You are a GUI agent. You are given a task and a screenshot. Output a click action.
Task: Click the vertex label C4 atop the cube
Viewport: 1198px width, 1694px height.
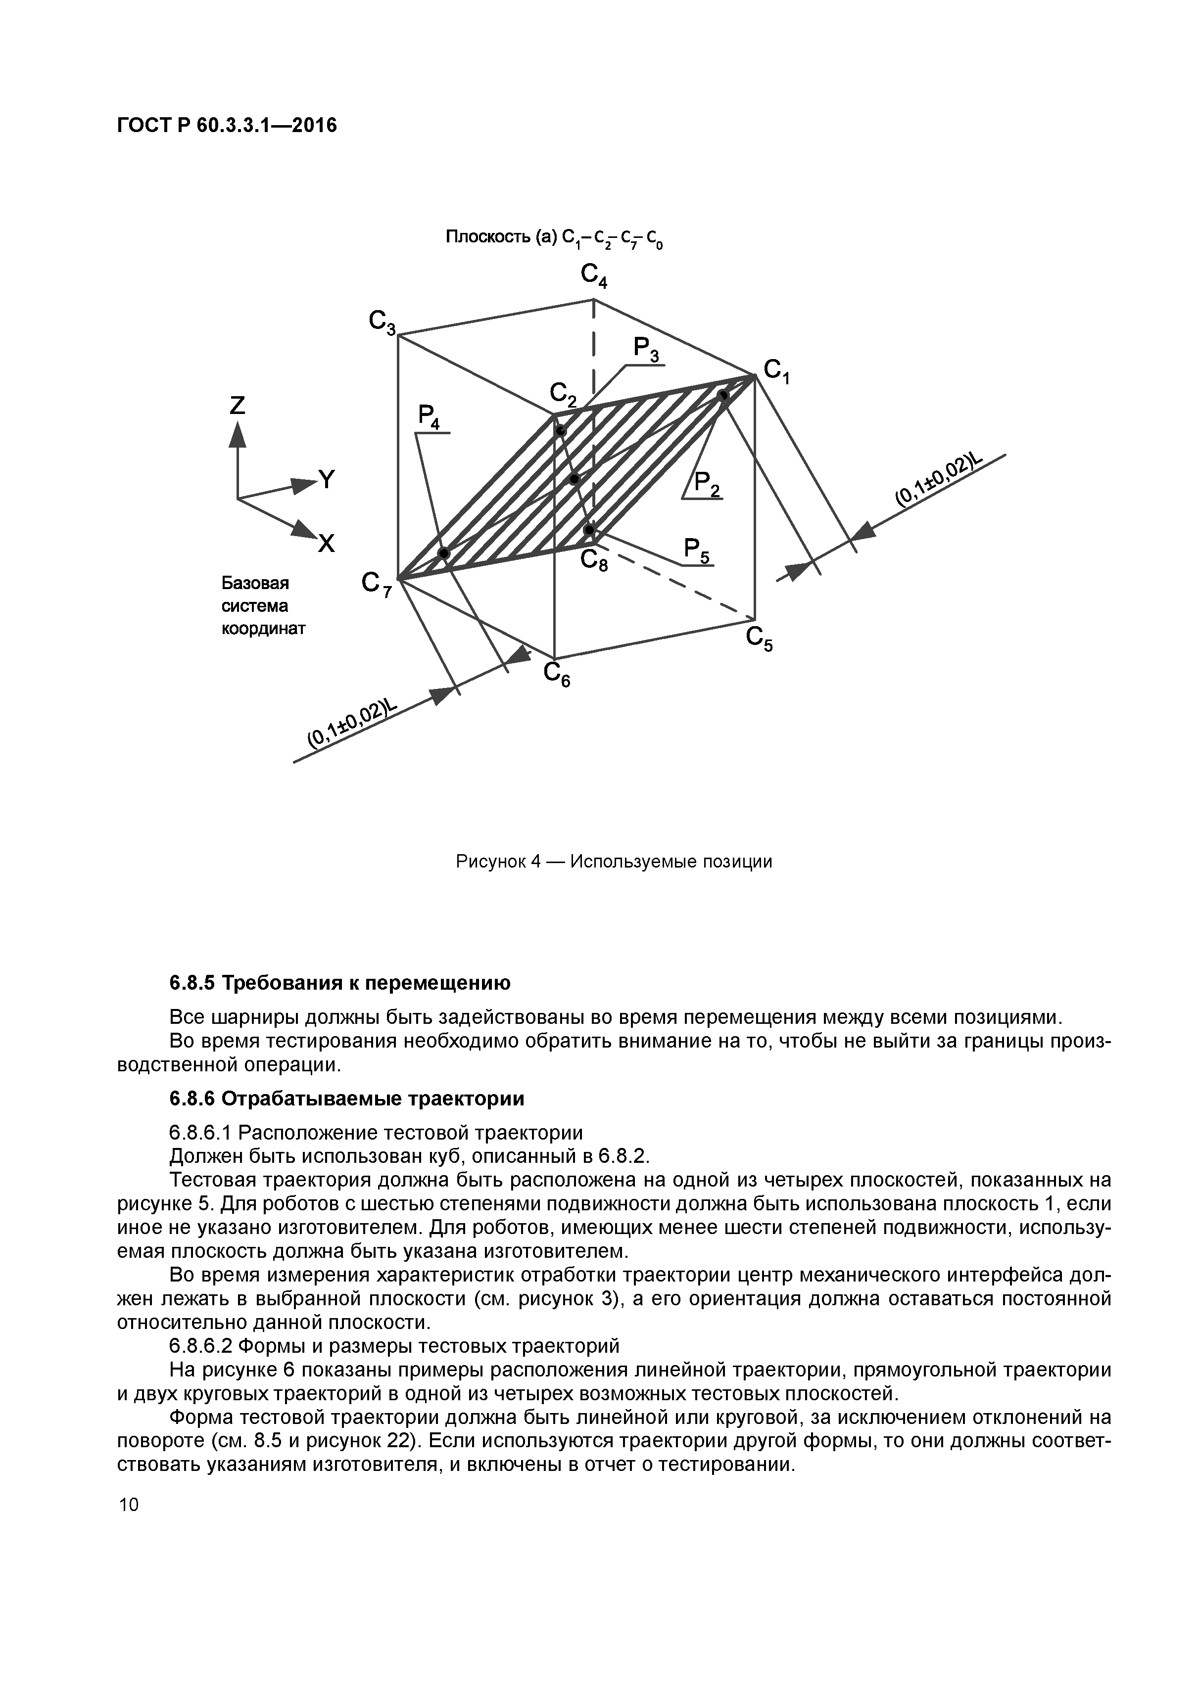(593, 276)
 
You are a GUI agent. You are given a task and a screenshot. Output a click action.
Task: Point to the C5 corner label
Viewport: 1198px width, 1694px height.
(759, 640)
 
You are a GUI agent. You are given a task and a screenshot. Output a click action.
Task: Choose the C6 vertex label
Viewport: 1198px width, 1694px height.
(557, 674)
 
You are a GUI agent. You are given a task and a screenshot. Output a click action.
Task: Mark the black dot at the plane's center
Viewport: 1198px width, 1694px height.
(575, 480)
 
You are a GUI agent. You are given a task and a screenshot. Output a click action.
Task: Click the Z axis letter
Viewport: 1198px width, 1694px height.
(237, 405)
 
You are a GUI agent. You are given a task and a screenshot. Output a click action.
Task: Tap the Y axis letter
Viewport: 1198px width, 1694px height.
(326, 480)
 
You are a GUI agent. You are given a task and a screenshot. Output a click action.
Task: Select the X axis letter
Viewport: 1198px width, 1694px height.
(326, 544)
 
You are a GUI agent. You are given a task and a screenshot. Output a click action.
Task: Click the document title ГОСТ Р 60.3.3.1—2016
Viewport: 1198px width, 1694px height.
(227, 126)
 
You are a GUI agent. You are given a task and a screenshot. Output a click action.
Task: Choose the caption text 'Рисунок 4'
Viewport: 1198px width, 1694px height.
(499, 862)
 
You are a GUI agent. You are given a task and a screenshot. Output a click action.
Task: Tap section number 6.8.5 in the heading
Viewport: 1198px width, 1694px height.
(192, 983)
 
